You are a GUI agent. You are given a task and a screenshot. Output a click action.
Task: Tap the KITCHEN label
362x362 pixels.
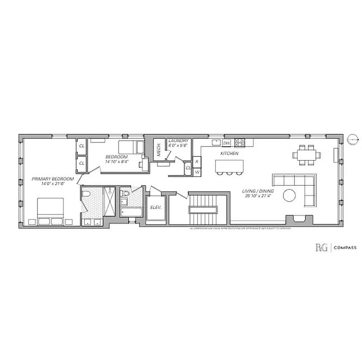(229, 154)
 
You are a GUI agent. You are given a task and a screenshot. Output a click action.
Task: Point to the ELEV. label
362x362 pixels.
(156, 209)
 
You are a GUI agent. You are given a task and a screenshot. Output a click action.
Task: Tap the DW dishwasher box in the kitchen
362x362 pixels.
(227, 143)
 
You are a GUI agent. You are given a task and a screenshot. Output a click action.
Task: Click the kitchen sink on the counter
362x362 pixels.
(216, 143)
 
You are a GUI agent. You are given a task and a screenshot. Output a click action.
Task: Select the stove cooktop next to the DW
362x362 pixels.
(239, 143)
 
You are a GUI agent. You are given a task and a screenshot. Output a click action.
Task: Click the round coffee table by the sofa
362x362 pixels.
(290, 195)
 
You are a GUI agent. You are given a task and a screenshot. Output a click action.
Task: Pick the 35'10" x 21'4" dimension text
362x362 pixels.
(257, 196)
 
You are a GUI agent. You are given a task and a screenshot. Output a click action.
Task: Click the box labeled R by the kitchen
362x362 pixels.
(197, 162)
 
